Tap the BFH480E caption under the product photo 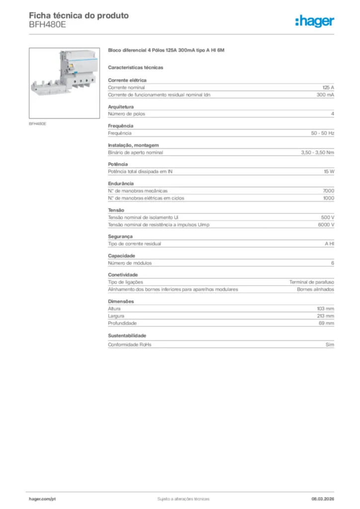click(37, 123)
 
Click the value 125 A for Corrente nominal click(328, 87)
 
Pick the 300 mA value click(325, 94)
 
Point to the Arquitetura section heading click(120, 107)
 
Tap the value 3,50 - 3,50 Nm click(317, 153)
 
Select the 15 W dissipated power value click(329, 171)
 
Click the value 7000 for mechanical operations click(329, 191)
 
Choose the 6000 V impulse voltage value click(326, 225)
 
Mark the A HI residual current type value click(329, 244)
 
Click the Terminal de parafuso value click(312, 282)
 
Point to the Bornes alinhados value click(315, 289)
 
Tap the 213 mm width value click(326, 316)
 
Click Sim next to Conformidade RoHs click(330, 344)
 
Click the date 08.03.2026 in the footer click(319, 499)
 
